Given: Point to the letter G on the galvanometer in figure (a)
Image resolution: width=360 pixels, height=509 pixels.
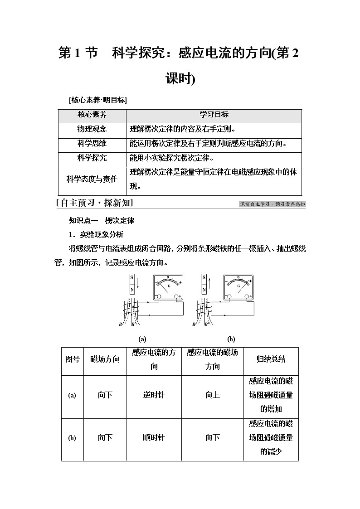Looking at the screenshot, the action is [169, 286].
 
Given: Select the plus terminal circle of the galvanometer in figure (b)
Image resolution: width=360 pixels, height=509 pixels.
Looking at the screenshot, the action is [248, 296].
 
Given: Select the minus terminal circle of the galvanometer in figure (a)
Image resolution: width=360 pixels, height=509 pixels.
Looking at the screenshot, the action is [159, 296].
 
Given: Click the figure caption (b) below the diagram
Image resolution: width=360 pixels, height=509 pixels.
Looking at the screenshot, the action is [231, 339].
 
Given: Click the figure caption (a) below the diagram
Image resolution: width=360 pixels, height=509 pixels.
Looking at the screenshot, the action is [142, 339].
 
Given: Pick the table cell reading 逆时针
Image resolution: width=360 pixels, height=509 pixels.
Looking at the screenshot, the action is [154, 395].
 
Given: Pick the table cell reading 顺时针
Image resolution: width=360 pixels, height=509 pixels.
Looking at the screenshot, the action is [154, 438].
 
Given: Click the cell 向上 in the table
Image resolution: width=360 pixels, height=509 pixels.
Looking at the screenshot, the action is [212, 395].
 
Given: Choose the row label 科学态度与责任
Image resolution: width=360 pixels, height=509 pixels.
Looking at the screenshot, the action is [92, 179].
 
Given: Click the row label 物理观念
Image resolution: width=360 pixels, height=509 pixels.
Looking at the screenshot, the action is [92, 129].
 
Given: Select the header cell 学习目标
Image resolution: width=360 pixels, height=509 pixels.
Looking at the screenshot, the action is [214, 115].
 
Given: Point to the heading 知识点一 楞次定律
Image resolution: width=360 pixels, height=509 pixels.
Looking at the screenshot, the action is [102, 221].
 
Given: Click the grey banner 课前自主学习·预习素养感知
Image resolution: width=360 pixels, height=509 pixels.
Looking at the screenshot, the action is [272, 204].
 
